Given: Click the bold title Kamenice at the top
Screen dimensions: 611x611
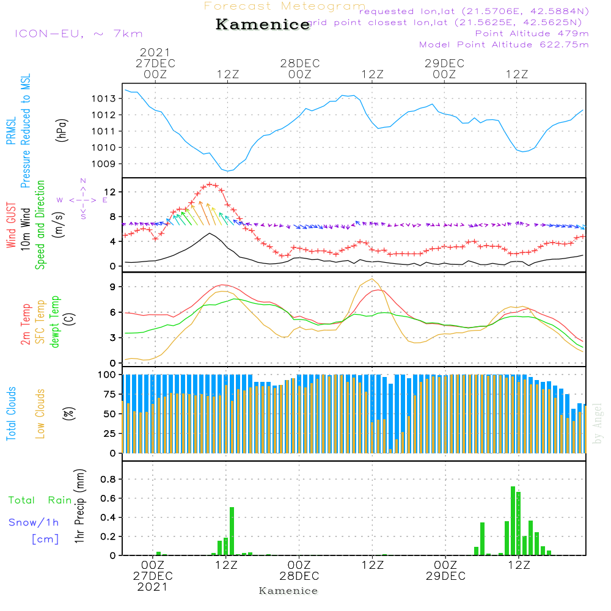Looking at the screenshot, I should click(263, 25).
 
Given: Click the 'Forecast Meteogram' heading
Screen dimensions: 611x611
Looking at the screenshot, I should click(285, 7).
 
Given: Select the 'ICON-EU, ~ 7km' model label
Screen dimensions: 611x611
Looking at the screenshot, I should click(78, 34).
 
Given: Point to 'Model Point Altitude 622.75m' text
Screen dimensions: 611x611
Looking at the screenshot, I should click(504, 45).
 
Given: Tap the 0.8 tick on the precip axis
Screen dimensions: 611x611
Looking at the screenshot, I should click(108, 479).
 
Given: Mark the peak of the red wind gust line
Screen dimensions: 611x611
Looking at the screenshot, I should click(210, 184).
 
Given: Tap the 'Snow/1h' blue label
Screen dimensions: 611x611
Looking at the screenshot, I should click(34, 522).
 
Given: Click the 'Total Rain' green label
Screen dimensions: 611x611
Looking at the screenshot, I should click(40, 500).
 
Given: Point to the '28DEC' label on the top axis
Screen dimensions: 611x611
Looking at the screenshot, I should click(299, 63).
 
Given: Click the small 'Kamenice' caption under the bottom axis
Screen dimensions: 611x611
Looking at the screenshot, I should click(288, 591).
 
